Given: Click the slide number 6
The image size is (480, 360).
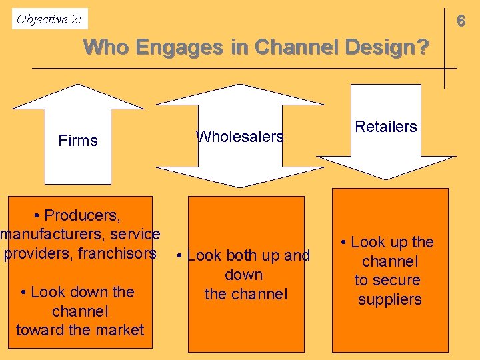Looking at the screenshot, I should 461,21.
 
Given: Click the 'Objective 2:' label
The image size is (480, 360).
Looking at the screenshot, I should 50,19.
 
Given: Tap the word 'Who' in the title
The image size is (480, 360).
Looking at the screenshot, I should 106,47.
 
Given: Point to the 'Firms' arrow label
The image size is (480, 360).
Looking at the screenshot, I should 78,141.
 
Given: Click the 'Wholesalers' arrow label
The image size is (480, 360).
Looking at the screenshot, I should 239,137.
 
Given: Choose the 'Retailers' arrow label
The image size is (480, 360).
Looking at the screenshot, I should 386,127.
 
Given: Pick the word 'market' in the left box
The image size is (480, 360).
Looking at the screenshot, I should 121,330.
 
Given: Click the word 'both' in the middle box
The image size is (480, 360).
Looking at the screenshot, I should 240,255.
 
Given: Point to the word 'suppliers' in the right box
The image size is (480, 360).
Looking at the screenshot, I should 390,299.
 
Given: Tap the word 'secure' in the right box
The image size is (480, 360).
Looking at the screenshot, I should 397,280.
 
